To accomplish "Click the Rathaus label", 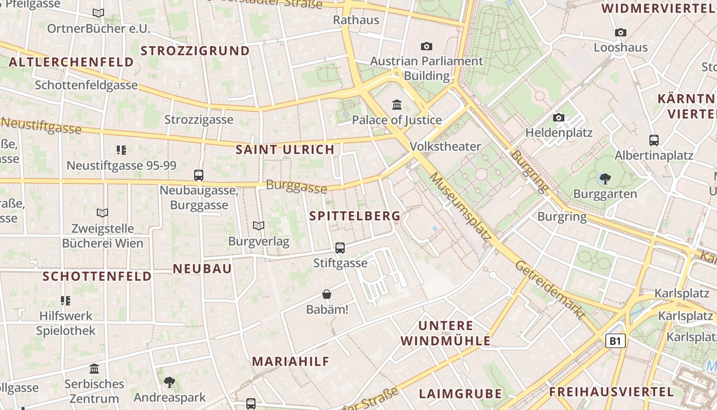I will [356, 20].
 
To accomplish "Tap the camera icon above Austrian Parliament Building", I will [426, 47].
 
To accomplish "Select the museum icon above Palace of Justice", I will [396, 105].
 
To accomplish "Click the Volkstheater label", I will [446, 147].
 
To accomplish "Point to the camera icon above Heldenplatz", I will [559, 118].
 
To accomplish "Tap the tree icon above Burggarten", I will [605, 179].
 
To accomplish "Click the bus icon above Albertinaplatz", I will [653, 140].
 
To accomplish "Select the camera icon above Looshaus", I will [620, 33].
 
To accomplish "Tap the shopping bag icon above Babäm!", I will [327, 294].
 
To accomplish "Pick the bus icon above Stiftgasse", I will [340, 248].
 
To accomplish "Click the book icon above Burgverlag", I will [259, 225].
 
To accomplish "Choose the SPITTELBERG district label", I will [355, 216].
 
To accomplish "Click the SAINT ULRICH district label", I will [285, 150].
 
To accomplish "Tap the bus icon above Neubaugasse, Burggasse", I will [199, 175].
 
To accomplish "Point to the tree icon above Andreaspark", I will [169, 382].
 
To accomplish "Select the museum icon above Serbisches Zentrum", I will [94, 368].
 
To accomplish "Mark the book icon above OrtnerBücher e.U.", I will [98, 13].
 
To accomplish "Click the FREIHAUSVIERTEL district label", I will [611, 392].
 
